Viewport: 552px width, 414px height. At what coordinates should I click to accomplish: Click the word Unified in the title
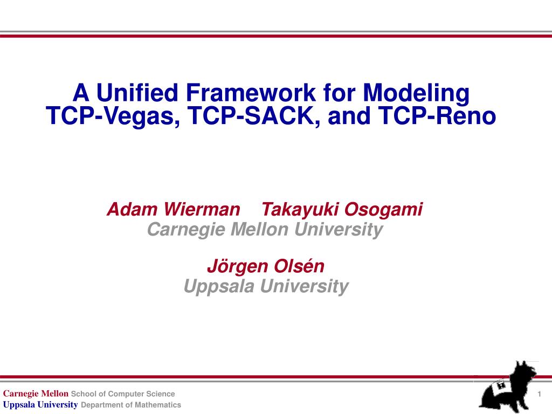137,93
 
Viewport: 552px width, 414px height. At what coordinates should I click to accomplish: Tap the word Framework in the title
250,93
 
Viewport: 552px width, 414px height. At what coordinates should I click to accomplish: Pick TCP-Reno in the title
437,115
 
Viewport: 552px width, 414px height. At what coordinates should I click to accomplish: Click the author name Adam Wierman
174,209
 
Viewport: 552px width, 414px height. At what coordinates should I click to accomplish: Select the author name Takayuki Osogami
342,210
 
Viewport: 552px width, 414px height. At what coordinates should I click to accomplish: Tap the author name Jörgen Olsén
266,266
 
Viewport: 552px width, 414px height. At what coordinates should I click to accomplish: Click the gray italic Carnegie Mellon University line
265,230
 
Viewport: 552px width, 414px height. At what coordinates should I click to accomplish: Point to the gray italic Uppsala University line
266,286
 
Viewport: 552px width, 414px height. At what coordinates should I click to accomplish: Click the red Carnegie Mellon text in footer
36,394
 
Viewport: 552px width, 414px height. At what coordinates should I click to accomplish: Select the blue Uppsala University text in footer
40,405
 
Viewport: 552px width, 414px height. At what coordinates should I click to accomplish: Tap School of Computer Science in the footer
123,394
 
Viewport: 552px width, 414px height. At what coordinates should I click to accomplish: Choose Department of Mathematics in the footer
131,405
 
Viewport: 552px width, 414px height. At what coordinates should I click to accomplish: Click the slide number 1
539,394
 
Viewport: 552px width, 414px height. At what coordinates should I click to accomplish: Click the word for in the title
339,93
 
